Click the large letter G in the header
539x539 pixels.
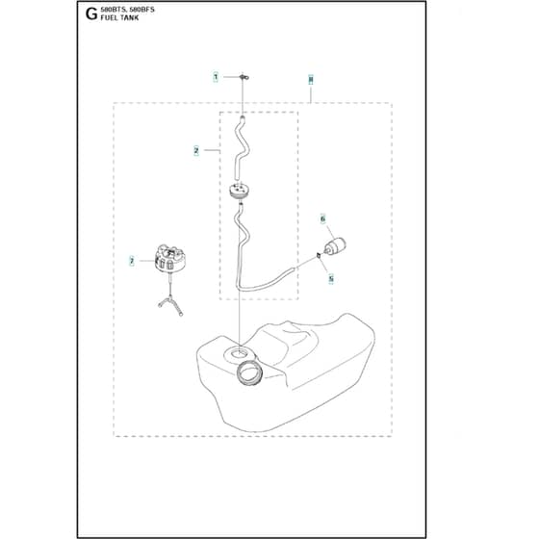point(91,14)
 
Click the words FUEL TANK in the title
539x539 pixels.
point(119,18)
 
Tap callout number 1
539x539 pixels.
point(216,77)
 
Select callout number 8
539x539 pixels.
point(311,80)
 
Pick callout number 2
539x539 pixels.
point(196,150)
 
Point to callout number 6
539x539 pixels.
point(322,218)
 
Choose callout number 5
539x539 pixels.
point(331,278)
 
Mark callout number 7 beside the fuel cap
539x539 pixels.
point(132,261)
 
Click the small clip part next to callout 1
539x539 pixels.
point(244,77)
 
